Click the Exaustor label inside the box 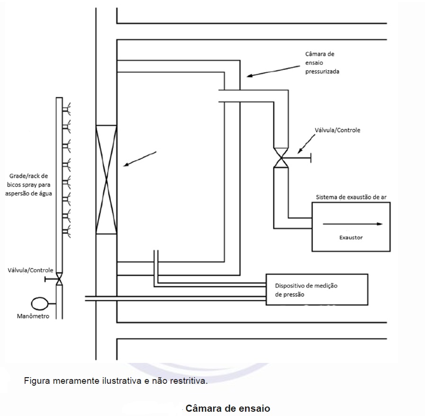tap(351, 237)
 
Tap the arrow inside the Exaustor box tap(353, 224)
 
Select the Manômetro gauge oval tap(40, 304)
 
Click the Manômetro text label tap(33, 316)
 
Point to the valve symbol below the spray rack tap(59, 279)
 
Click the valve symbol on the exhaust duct tap(281, 157)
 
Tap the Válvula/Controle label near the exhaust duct tap(337, 130)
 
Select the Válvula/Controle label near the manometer tap(30, 270)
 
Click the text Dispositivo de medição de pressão tap(306, 290)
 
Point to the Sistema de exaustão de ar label tap(351, 197)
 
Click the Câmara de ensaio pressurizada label tap(322, 63)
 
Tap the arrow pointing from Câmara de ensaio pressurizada tap(273, 71)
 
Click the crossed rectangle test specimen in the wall tap(106, 180)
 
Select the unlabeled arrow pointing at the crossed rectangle tap(140, 159)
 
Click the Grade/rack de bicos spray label tap(28, 185)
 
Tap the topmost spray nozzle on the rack tap(66, 109)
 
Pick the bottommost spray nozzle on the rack tap(66, 231)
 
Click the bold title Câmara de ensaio tap(228, 408)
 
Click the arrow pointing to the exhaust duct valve tap(307, 144)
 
